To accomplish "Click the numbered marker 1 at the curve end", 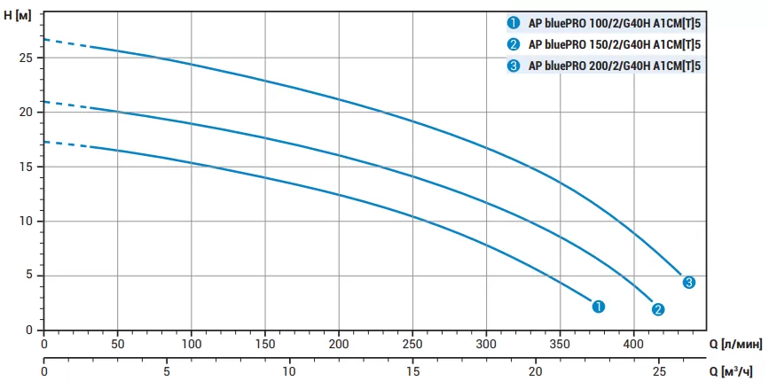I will coord(599,306).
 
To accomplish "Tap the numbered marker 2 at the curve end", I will coord(658,309).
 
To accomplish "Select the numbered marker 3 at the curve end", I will coord(689,282).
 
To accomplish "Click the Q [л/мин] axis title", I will coord(735,344).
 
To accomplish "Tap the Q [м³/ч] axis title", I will coord(735,371).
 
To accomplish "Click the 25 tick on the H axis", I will coord(26,58).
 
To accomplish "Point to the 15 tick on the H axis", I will coord(26,167).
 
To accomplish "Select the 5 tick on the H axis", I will coord(29,276).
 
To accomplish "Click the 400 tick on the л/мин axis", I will coord(633,344).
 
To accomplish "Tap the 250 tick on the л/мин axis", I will coord(412,344).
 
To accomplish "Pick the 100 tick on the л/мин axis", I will coord(192,344).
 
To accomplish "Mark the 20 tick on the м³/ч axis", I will coord(535,371).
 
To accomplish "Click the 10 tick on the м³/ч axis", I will coord(289,371).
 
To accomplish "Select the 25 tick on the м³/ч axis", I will coord(657,371).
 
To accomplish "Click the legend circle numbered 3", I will coord(514,65).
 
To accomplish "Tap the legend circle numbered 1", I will coord(514,22).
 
